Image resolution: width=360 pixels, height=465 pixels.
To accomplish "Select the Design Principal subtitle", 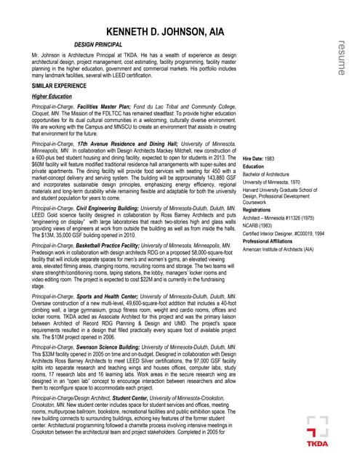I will (x=100, y=45).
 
